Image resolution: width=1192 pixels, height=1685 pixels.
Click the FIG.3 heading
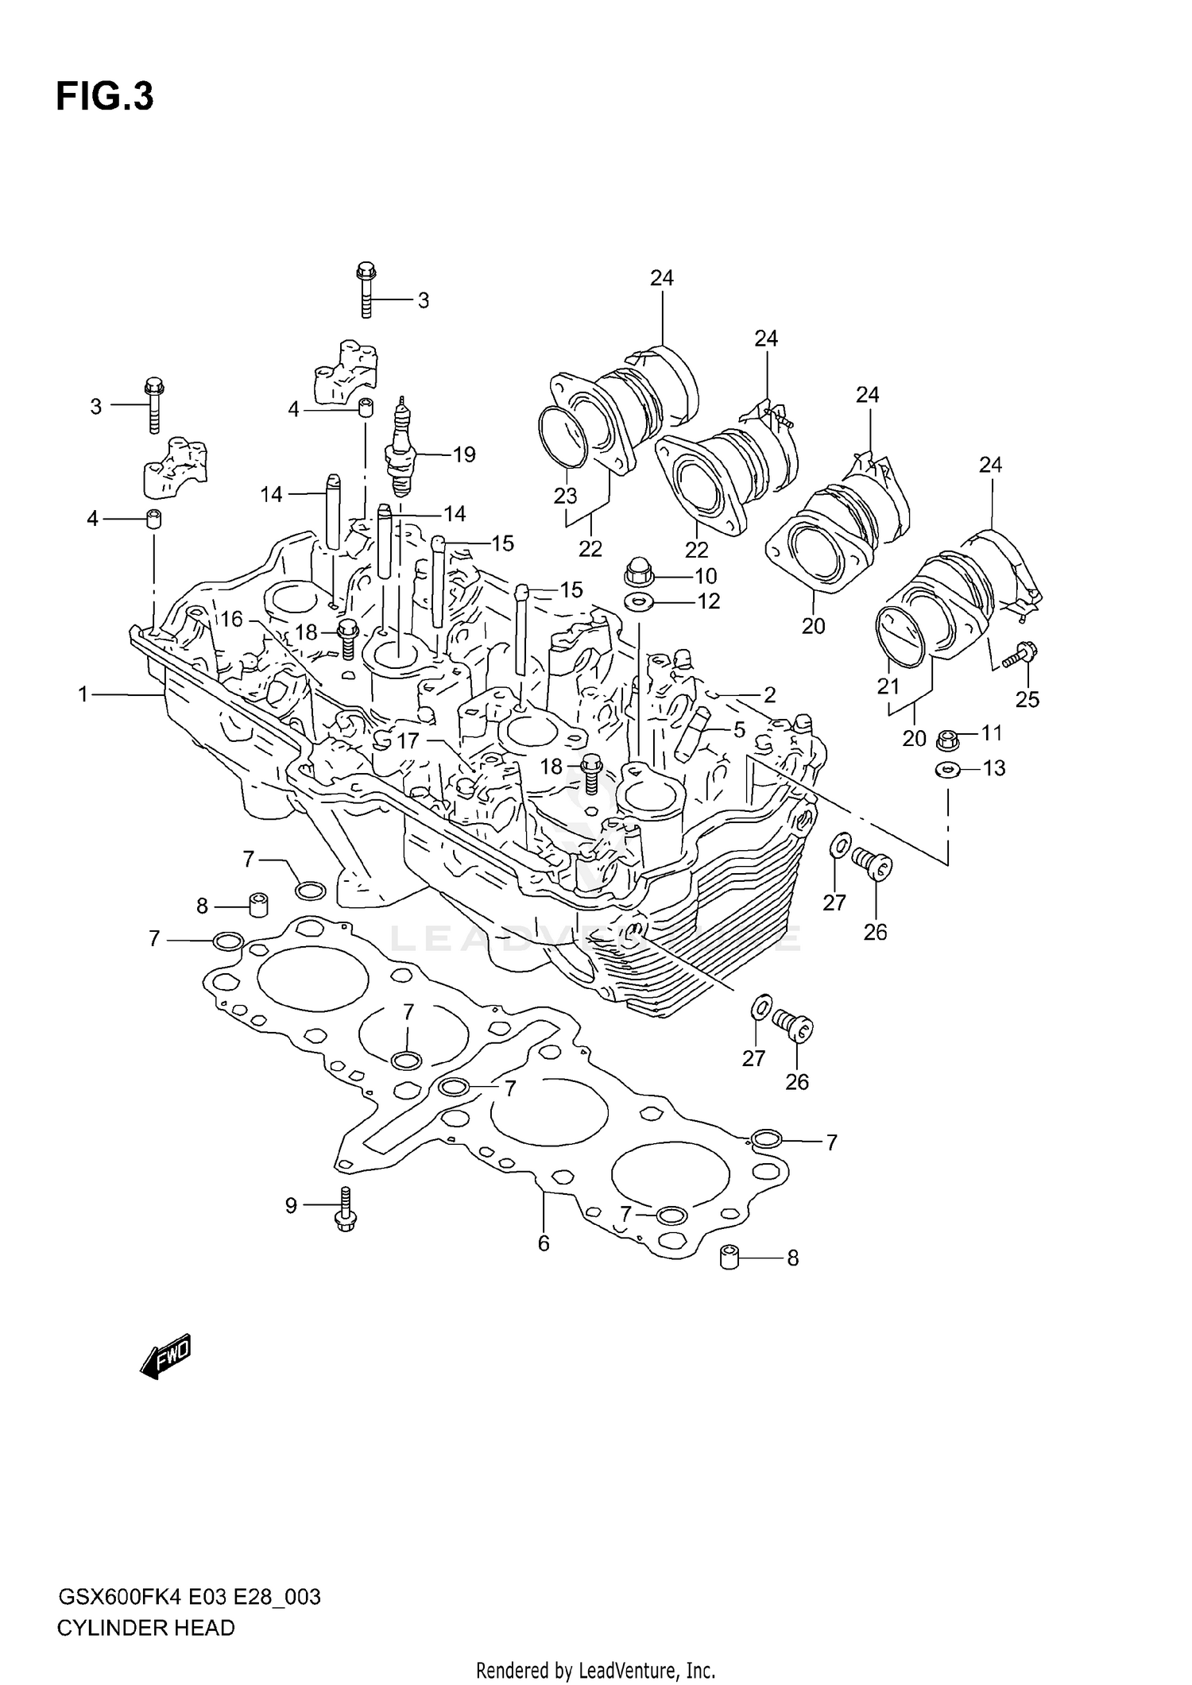coord(104,97)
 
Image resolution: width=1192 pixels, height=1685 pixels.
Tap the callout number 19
coord(463,454)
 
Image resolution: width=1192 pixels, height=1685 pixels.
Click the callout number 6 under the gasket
coord(544,1244)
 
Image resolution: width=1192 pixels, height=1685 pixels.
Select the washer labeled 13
coord(946,768)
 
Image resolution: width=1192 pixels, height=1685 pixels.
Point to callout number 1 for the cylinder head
coord(83,694)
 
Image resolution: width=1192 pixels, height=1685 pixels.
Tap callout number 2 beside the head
coord(769,695)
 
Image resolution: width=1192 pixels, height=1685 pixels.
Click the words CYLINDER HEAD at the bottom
coord(146,1629)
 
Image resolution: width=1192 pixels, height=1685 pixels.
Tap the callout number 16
coord(231,619)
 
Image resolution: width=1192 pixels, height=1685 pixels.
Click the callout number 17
coord(408,741)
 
